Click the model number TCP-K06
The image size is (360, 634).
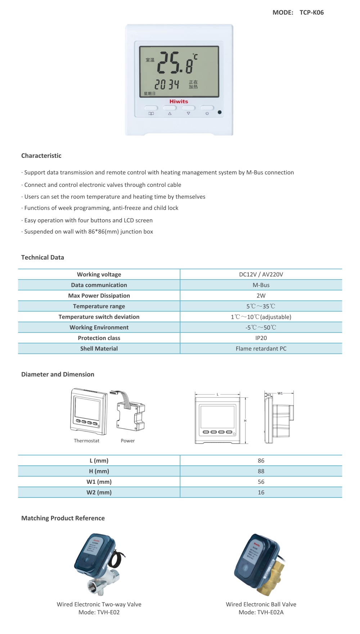pos(311,13)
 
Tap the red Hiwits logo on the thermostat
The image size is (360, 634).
pos(179,102)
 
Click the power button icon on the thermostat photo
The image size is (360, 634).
pos(207,113)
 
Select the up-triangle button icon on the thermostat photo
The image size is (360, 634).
pos(170,113)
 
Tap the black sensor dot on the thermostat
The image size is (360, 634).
pos(220,112)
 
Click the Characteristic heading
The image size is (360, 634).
pos(41,156)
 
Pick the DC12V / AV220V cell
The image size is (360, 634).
pos(261,274)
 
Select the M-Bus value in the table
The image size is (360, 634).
pos(261,285)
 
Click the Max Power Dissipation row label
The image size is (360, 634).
pos(99,296)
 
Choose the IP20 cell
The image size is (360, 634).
pos(261,338)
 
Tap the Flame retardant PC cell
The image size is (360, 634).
pos(261,349)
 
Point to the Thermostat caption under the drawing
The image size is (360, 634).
pos(86,441)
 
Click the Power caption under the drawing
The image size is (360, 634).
pos(128,441)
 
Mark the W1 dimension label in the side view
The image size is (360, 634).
pos(280,393)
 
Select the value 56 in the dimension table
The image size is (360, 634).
pos(261,482)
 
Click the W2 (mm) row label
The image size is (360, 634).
pos(99,492)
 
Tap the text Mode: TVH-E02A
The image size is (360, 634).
pos(261,612)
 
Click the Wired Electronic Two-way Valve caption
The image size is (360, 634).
pos(99,604)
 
